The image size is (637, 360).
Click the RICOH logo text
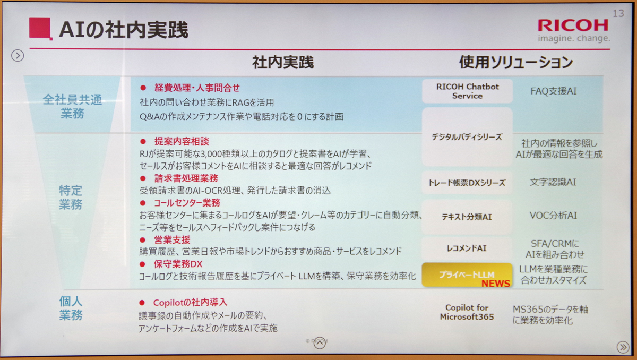[x=573, y=25]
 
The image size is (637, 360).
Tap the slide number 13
[x=618, y=13]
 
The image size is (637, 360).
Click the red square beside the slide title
[x=40, y=28]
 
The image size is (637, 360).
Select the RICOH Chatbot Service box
[x=467, y=91]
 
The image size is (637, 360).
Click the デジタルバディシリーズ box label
[x=467, y=137]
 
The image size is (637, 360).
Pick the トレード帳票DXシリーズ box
[x=467, y=183]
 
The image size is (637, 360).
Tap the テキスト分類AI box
[x=467, y=217]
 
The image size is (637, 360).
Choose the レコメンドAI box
[x=467, y=248]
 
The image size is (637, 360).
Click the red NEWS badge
[x=496, y=283]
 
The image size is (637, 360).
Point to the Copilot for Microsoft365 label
[x=467, y=312]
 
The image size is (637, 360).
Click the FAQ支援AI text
[x=553, y=91]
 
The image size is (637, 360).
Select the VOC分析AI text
[x=553, y=216]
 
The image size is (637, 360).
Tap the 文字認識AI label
[x=553, y=182]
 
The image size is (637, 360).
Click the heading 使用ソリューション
[x=516, y=62]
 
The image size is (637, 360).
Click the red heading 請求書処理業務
[x=186, y=178]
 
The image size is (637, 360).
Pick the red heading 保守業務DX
[x=178, y=264]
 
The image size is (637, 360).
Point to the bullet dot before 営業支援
[x=143, y=240]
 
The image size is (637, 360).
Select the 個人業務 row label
[x=71, y=308]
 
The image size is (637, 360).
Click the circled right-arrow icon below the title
[x=18, y=55]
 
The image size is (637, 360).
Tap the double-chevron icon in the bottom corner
[x=623, y=347]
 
